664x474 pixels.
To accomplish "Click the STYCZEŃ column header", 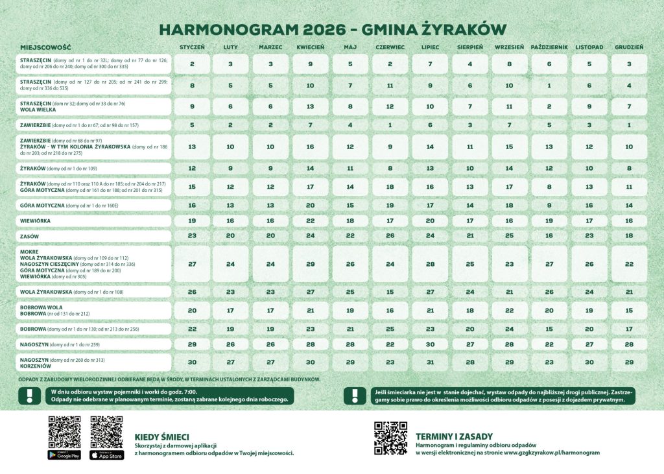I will (x=192, y=47).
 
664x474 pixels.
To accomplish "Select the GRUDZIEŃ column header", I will (x=629, y=47).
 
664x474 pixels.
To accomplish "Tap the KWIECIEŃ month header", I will (x=311, y=47).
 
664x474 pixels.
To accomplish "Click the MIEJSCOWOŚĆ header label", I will (x=45, y=48).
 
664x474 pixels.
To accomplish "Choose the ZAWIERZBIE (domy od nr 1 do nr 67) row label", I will (x=78, y=125).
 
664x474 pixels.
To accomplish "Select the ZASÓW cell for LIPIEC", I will (x=431, y=236).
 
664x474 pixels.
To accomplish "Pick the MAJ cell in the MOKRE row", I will (x=350, y=264).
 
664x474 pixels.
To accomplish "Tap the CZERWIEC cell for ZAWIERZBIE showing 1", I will (x=390, y=125).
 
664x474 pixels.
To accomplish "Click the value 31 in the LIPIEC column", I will (x=431, y=362).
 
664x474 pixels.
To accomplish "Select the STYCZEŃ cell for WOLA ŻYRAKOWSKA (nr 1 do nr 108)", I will (x=192, y=292).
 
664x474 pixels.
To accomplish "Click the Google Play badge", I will (x=64, y=456).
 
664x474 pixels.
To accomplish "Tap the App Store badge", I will (x=106, y=456).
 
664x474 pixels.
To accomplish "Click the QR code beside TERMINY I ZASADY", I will (x=391, y=438).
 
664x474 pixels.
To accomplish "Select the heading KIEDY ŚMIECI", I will (x=161, y=436).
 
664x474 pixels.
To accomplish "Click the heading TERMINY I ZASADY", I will (x=454, y=436).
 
